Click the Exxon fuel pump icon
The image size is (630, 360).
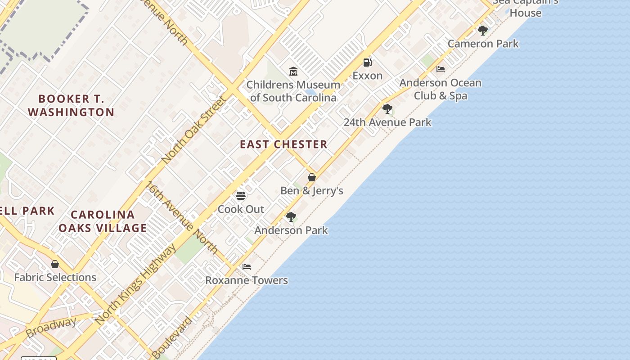[x=368, y=63]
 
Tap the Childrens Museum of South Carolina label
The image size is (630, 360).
[x=293, y=91]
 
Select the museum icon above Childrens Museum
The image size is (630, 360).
[x=293, y=71]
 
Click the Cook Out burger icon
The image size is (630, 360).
[x=241, y=196]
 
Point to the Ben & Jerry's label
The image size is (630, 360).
[x=311, y=191]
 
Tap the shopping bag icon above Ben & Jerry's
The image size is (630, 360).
[x=311, y=177]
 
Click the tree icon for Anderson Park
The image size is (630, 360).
[x=291, y=217]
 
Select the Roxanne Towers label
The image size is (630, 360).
[x=246, y=280]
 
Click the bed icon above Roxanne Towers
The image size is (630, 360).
[x=246, y=267]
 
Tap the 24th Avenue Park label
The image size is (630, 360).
[x=387, y=122]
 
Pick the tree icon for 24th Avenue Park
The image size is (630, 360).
[x=387, y=109]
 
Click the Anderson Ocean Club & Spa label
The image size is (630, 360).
[x=440, y=89]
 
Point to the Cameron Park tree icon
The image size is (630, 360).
[x=482, y=31]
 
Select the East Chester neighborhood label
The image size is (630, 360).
[x=283, y=144]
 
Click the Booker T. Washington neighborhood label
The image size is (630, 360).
[x=71, y=105]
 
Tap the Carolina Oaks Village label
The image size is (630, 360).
[x=103, y=221]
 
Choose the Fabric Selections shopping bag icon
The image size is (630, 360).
[x=55, y=264]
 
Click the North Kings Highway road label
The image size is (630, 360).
[x=136, y=284]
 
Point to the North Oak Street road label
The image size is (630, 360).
[x=193, y=130]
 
